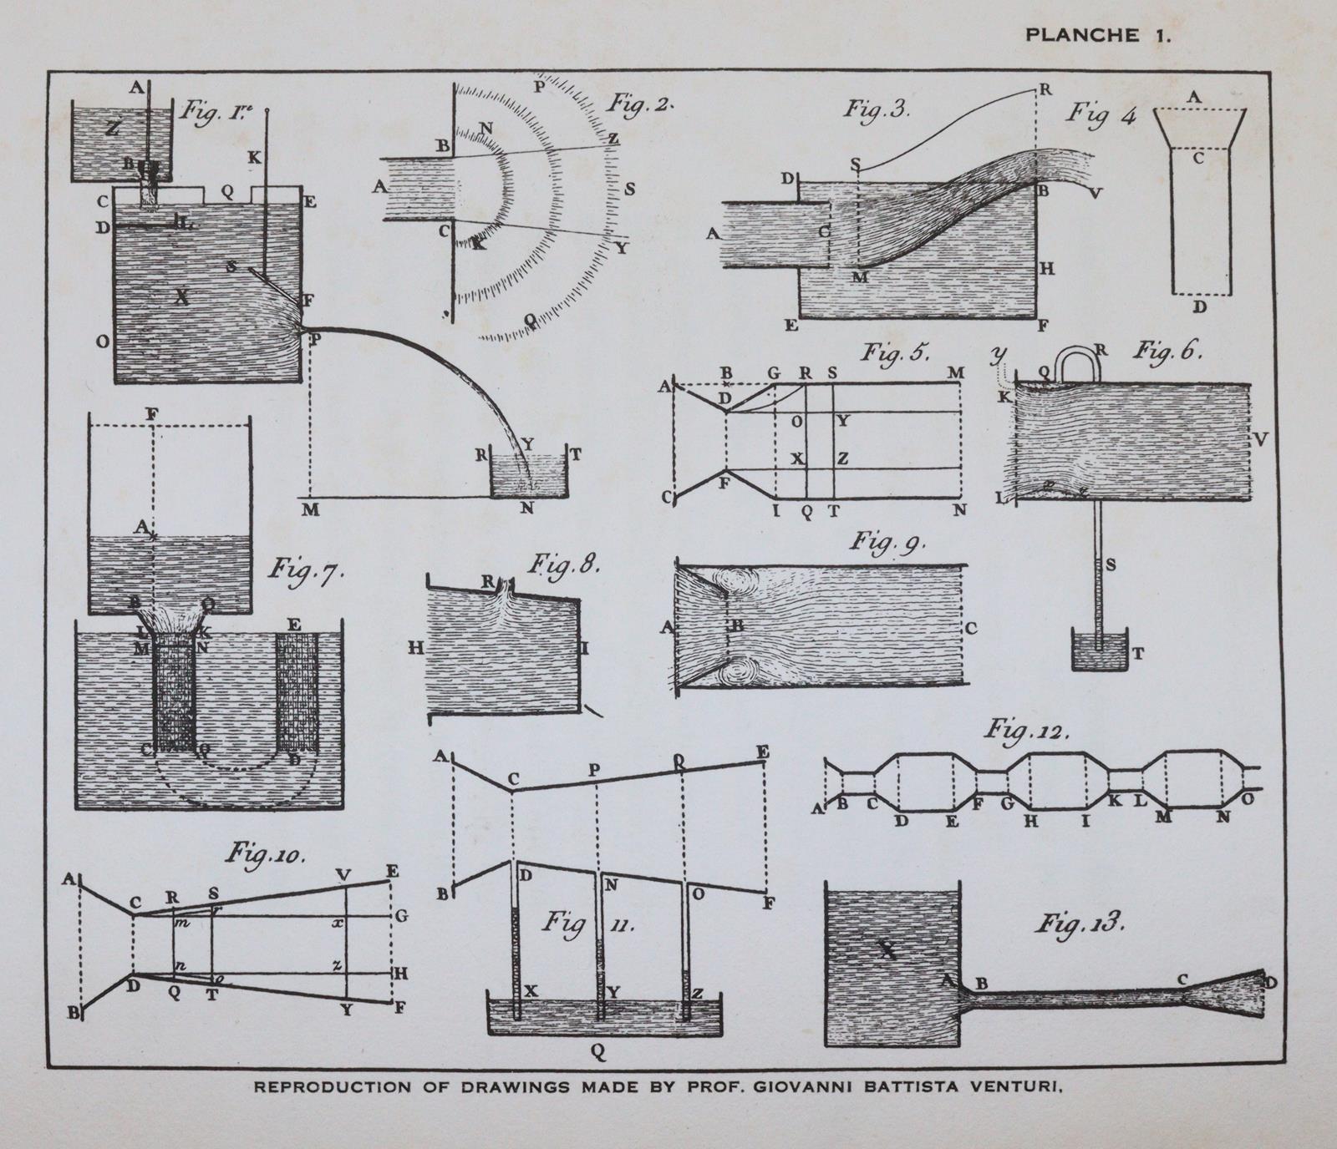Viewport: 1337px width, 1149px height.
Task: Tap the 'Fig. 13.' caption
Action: click(x=1082, y=924)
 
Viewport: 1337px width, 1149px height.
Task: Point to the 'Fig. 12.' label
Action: click(x=1025, y=731)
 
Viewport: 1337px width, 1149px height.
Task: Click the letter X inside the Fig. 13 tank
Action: click(x=887, y=949)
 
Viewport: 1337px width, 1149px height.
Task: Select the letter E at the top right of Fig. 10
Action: click(x=392, y=872)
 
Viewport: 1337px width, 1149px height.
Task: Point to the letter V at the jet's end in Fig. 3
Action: click(x=1096, y=193)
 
